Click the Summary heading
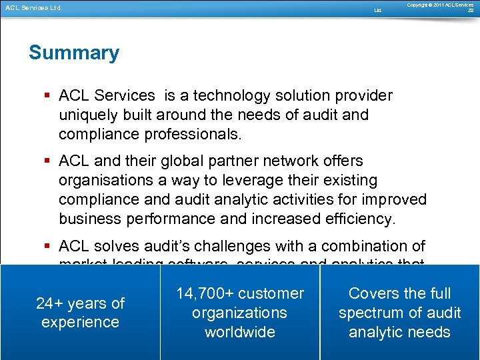(x=74, y=53)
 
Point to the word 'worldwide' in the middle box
(x=240, y=332)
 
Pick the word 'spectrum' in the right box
(x=369, y=313)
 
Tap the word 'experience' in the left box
(x=80, y=322)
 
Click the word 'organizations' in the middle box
(x=240, y=313)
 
